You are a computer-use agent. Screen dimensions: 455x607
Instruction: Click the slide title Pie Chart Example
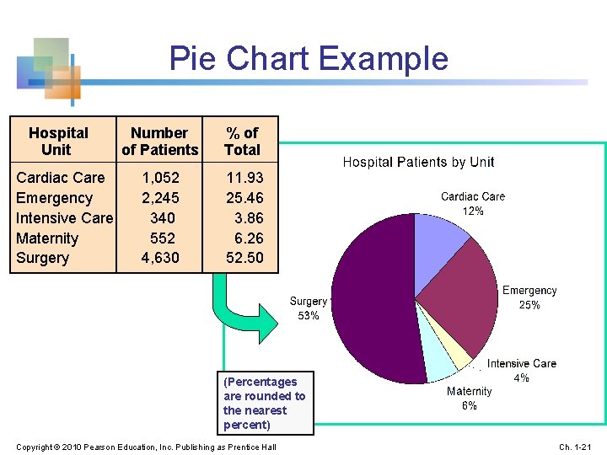click(x=309, y=59)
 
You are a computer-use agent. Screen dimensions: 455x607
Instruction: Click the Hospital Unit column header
click(x=57, y=142)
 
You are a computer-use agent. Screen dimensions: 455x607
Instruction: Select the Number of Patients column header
click(x=159, y=142)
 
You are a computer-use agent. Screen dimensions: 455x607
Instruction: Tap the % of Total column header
click(x=242, y=142)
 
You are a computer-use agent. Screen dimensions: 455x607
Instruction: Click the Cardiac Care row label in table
click(x=61, y=178)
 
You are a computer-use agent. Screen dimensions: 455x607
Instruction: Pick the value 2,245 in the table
click(x=159, y=198)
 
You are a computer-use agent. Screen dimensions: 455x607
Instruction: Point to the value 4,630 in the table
click(x=159, y=258)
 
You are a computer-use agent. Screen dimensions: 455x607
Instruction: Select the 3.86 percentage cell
click(x=249, y=218)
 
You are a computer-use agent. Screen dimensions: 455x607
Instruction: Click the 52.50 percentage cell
click(x=244, y=258)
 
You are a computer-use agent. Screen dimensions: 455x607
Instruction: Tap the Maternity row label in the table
click(x=47, y=238)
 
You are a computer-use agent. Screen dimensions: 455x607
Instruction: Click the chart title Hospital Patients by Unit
click(x=418, y=162)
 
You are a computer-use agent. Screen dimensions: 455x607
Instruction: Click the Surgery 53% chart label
click(x=309, y=308)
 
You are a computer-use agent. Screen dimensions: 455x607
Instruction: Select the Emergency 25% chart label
click(x=529, y=297)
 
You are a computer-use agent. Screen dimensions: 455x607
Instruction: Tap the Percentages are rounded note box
click(x=265, y=403)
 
